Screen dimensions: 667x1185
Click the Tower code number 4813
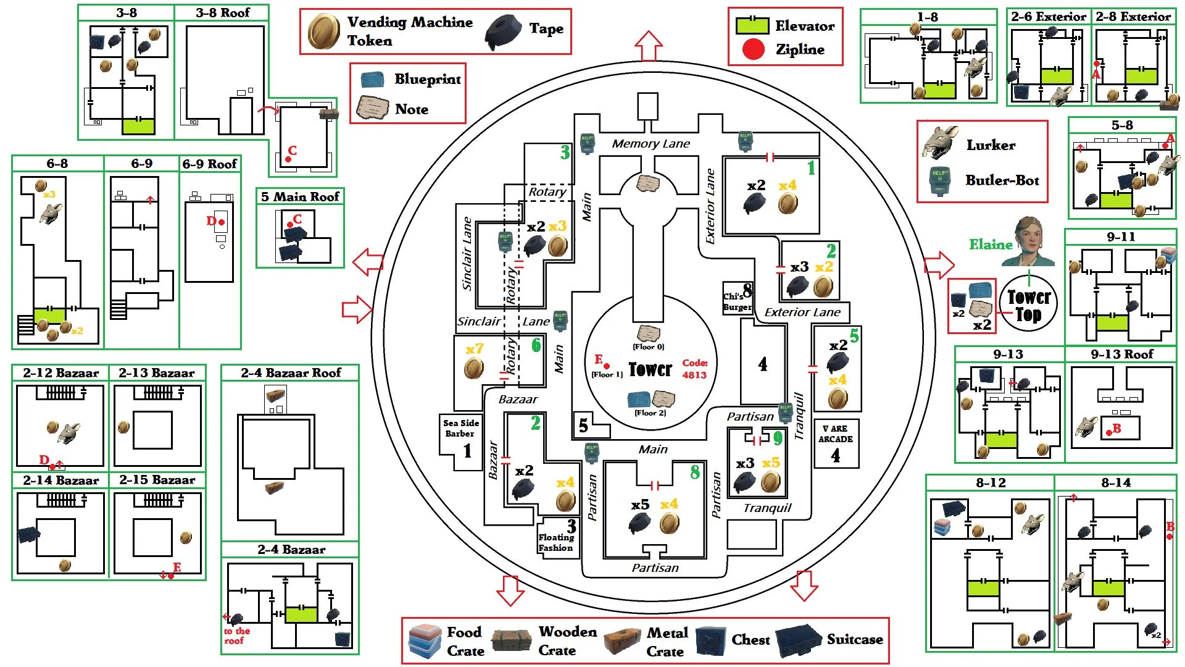(x=694, y=374)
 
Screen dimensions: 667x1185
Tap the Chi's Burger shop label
(x=737, y=301)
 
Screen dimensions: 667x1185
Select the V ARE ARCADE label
(x=835, y=434)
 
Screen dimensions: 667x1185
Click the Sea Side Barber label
(x=460, y=428)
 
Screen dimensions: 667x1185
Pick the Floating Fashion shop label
(x=555, y=542)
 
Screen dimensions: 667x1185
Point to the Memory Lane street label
(x=651, y=143)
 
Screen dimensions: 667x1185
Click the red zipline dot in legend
(x=753, y=49)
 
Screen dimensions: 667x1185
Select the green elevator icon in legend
(x=752, y=25)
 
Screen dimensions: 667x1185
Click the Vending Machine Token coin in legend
(x=324, y=31)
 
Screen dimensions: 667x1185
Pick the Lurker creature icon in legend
(x=941, y=143)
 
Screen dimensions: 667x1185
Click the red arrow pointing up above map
(x=648, y=46)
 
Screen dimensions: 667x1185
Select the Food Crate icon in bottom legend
(x=425, y=641)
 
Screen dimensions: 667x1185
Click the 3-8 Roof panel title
(x=222, y=12)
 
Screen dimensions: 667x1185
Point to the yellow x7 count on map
(x=474, y=349)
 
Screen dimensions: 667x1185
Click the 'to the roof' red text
(x=236, y=636)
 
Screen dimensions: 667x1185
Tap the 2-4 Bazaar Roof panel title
(x=290, y=372)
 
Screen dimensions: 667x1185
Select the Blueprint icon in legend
(x=372, y=80)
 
